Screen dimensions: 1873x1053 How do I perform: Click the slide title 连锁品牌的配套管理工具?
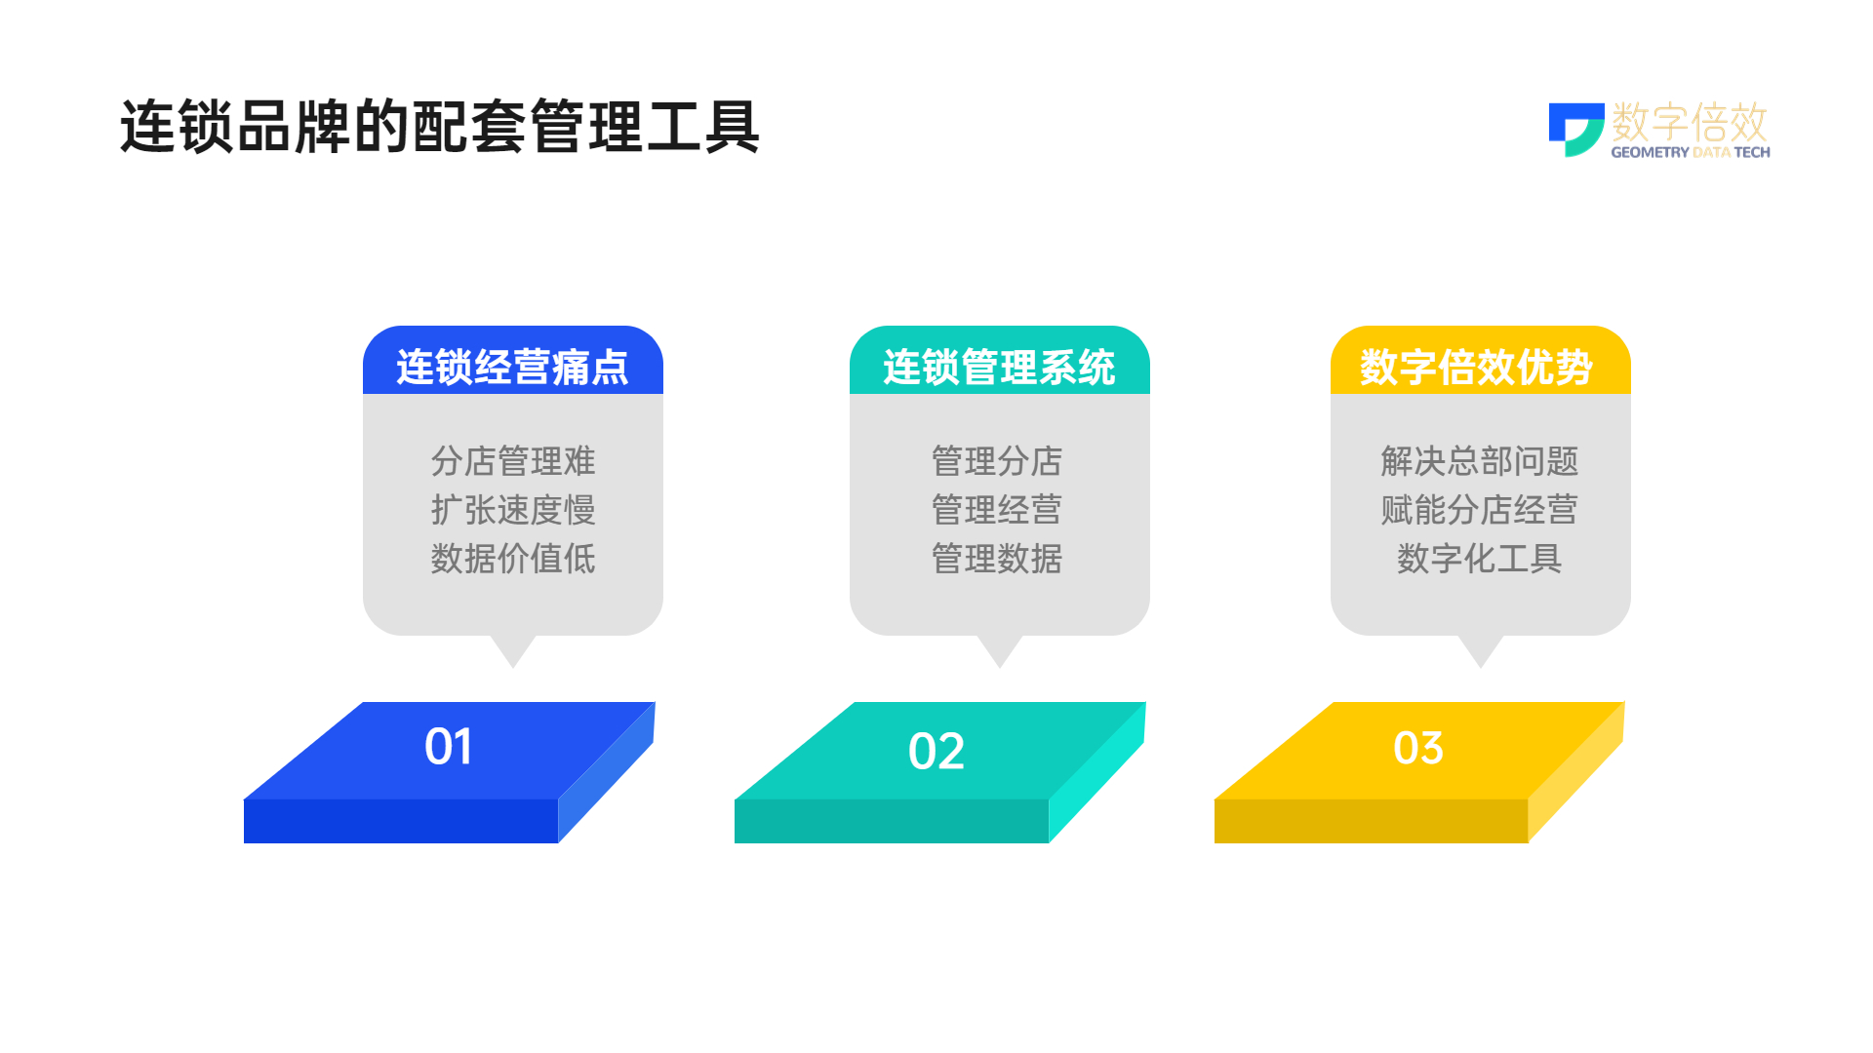439,127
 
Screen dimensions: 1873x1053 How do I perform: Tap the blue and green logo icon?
1576,130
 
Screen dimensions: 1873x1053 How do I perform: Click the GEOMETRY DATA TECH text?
1691,152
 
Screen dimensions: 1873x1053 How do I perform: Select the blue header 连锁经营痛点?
512,367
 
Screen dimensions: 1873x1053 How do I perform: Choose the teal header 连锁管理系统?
999,367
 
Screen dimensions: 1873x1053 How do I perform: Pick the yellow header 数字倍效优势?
1476,367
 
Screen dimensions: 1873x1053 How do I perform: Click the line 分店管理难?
513,461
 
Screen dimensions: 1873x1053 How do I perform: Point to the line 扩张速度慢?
513,510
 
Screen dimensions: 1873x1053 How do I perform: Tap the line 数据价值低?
513,559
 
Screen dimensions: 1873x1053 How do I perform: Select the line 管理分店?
997,461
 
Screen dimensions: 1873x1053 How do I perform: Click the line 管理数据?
997,559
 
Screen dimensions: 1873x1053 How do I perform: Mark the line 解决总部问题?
1480,461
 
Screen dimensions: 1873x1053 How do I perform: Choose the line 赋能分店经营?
1480,510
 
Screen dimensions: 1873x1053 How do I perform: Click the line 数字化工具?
1480,559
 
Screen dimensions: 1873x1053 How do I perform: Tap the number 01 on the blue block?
449,747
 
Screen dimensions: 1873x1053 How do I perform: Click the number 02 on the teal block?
936,751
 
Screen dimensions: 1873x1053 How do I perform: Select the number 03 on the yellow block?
1418,748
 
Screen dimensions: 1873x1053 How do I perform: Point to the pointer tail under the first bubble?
513,651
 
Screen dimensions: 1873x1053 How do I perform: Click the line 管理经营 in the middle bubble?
997,510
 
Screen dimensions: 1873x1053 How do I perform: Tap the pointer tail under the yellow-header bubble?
1481,651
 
